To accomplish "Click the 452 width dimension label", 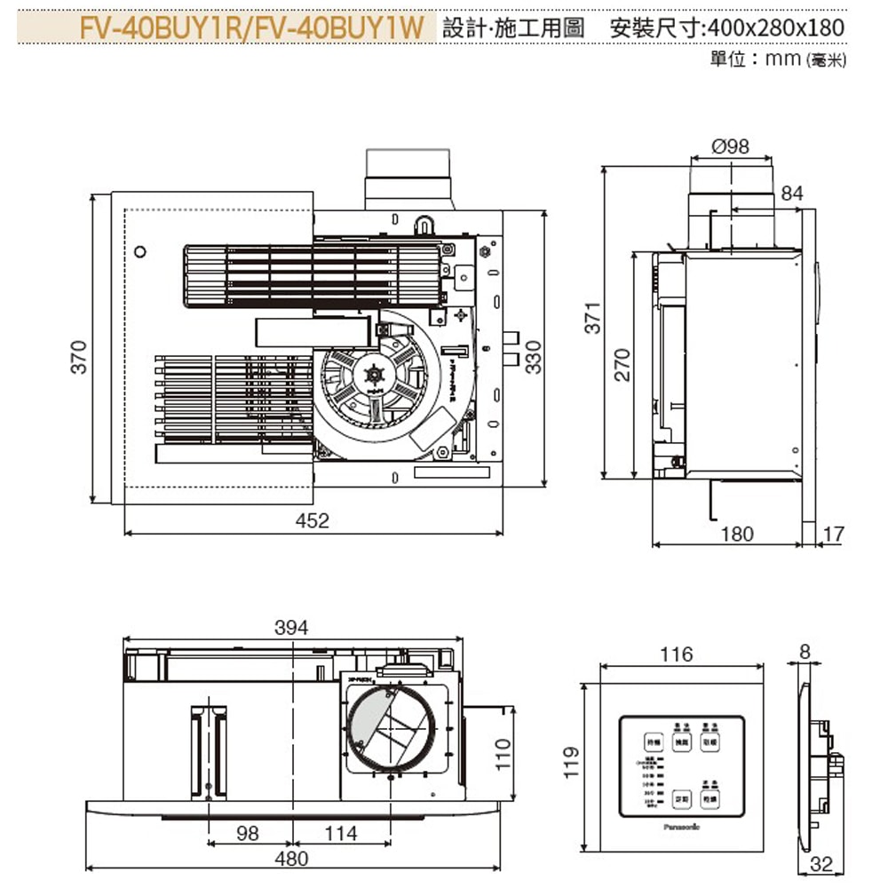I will coord(312,521).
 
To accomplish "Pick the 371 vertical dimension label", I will coord(594,318).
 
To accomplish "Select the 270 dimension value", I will coord(622,365).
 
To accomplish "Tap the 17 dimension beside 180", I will coord(834,534).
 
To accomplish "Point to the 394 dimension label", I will coord(291,628).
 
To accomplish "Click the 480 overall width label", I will coord(291,859).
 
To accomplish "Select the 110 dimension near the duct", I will coord(503,754).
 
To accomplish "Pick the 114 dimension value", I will coord(341,833).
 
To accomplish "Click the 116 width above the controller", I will coord(677,654).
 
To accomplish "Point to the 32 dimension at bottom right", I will coord(822,864).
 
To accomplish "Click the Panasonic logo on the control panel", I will coord(681,826).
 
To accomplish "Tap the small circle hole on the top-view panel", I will coord(139,252).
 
